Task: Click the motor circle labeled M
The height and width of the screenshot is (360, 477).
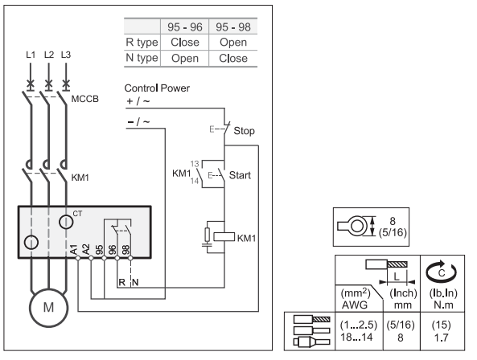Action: click(49, 308)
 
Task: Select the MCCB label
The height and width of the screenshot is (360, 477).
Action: click(85, 99)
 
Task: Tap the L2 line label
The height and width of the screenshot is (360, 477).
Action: click(49, 55)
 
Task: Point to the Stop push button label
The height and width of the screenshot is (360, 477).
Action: click(244, 131)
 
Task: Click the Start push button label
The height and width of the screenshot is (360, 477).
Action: click(240, 175)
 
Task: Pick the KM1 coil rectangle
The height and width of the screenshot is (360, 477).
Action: click(224, 237)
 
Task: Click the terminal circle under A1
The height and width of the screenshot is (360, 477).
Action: click(78, 258)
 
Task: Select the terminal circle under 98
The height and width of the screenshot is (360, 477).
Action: click(130, 258)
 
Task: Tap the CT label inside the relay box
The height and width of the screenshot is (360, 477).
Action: click(77, 214)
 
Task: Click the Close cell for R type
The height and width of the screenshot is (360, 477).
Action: click(185, 43)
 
